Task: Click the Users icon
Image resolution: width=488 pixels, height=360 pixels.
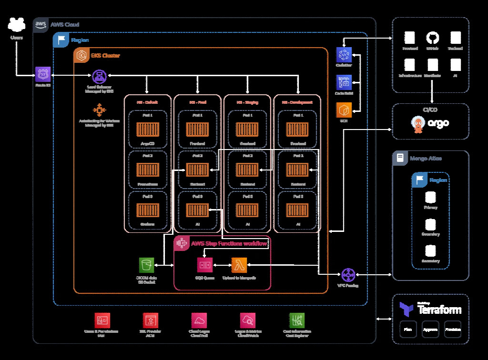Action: [x=17, y=25]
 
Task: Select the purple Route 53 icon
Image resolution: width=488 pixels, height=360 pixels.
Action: [x=43, y=74]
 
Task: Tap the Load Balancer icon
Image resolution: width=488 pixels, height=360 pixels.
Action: [x=99, y=75]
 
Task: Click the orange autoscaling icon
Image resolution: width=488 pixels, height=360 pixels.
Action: [x=99, y=110]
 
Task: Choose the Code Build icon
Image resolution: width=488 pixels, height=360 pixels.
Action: [x=344, y=82]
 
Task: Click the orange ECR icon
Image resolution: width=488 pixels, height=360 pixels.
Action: [x=344, y=110]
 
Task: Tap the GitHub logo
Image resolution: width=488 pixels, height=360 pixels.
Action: [x=432, y=38]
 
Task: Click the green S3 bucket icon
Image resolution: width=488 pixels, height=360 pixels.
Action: [x=147, y=265]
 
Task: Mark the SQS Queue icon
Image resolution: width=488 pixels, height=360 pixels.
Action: [x=204, y=265]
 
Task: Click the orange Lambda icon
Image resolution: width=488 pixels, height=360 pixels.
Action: [x=239, y=265]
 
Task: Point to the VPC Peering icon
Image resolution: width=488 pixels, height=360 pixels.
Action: [x=349, y=275]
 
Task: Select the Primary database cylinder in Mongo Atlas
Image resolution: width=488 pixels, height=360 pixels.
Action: [x=430, y=197]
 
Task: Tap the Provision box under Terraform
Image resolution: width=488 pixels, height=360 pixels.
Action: [x=453, y=330]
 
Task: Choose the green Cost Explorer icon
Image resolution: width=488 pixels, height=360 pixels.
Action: [x=297, y=320]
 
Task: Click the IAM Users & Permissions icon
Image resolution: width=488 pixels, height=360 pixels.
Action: [x=102, y=320]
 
